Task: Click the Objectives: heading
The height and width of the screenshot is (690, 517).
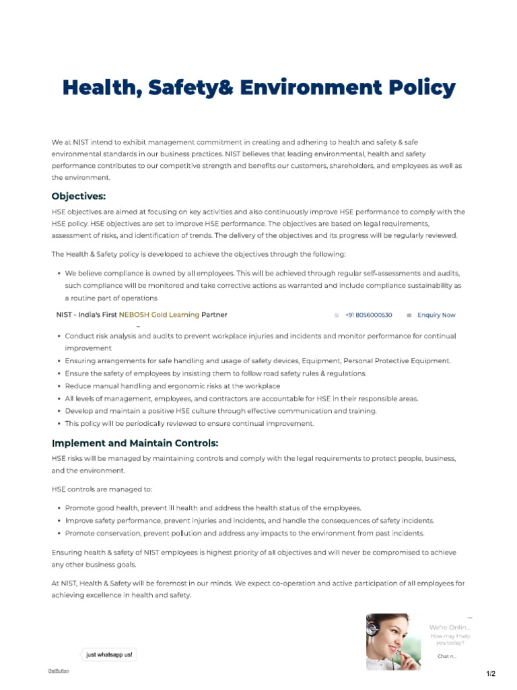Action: [79, 196]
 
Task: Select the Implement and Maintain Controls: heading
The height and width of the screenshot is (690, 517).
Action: [135, 443]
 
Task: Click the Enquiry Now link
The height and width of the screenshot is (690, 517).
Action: [436, 315]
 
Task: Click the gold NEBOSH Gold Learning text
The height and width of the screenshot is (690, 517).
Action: [159, 315]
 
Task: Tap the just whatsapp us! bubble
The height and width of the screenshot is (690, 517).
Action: [109, 654]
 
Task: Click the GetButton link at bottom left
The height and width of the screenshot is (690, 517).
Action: [59, 670]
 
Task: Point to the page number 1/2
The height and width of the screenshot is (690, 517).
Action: [490, 674]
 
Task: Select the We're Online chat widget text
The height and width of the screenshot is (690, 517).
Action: [450, 627]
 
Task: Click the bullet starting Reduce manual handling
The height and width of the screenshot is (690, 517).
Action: [172, 386]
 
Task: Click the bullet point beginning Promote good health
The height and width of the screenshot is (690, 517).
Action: [213, 508]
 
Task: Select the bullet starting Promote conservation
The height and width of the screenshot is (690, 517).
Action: [244, 533]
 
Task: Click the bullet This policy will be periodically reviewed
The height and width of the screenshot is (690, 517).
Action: [189, 424]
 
